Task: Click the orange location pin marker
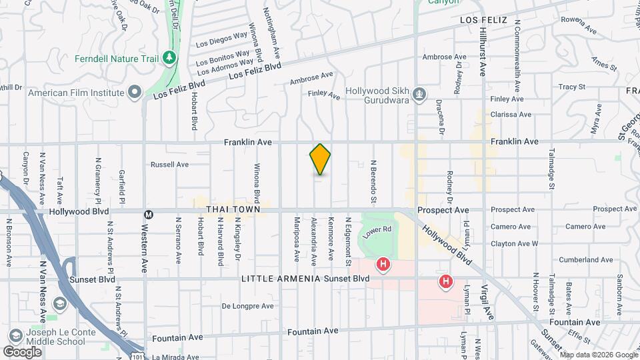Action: pyautogui.click(x=320, y=159)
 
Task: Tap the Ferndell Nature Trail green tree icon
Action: pyautogui.click(x=169, y=59)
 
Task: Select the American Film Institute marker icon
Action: pyautogui.click(x=135, y=92)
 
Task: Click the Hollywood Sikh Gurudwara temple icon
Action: pyautogui.click(x=419, y=94)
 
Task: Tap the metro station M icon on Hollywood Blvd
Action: pyautogui.click(x=149, y=214)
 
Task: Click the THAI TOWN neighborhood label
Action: pyautogui.click(x=233, y=209)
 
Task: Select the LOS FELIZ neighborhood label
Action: pyautogui.click(x=483, y=21)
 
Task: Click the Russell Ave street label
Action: pyautogui.click(x=170, y=164)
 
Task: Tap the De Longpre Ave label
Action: pyautogui.click(x=247, y=306)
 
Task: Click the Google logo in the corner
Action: pyautogui.click(x=22, y=351)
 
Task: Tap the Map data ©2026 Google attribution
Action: pyautogui.click(x=598, y=355)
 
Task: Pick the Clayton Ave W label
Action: pyautogui.click(x=514, y=243)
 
